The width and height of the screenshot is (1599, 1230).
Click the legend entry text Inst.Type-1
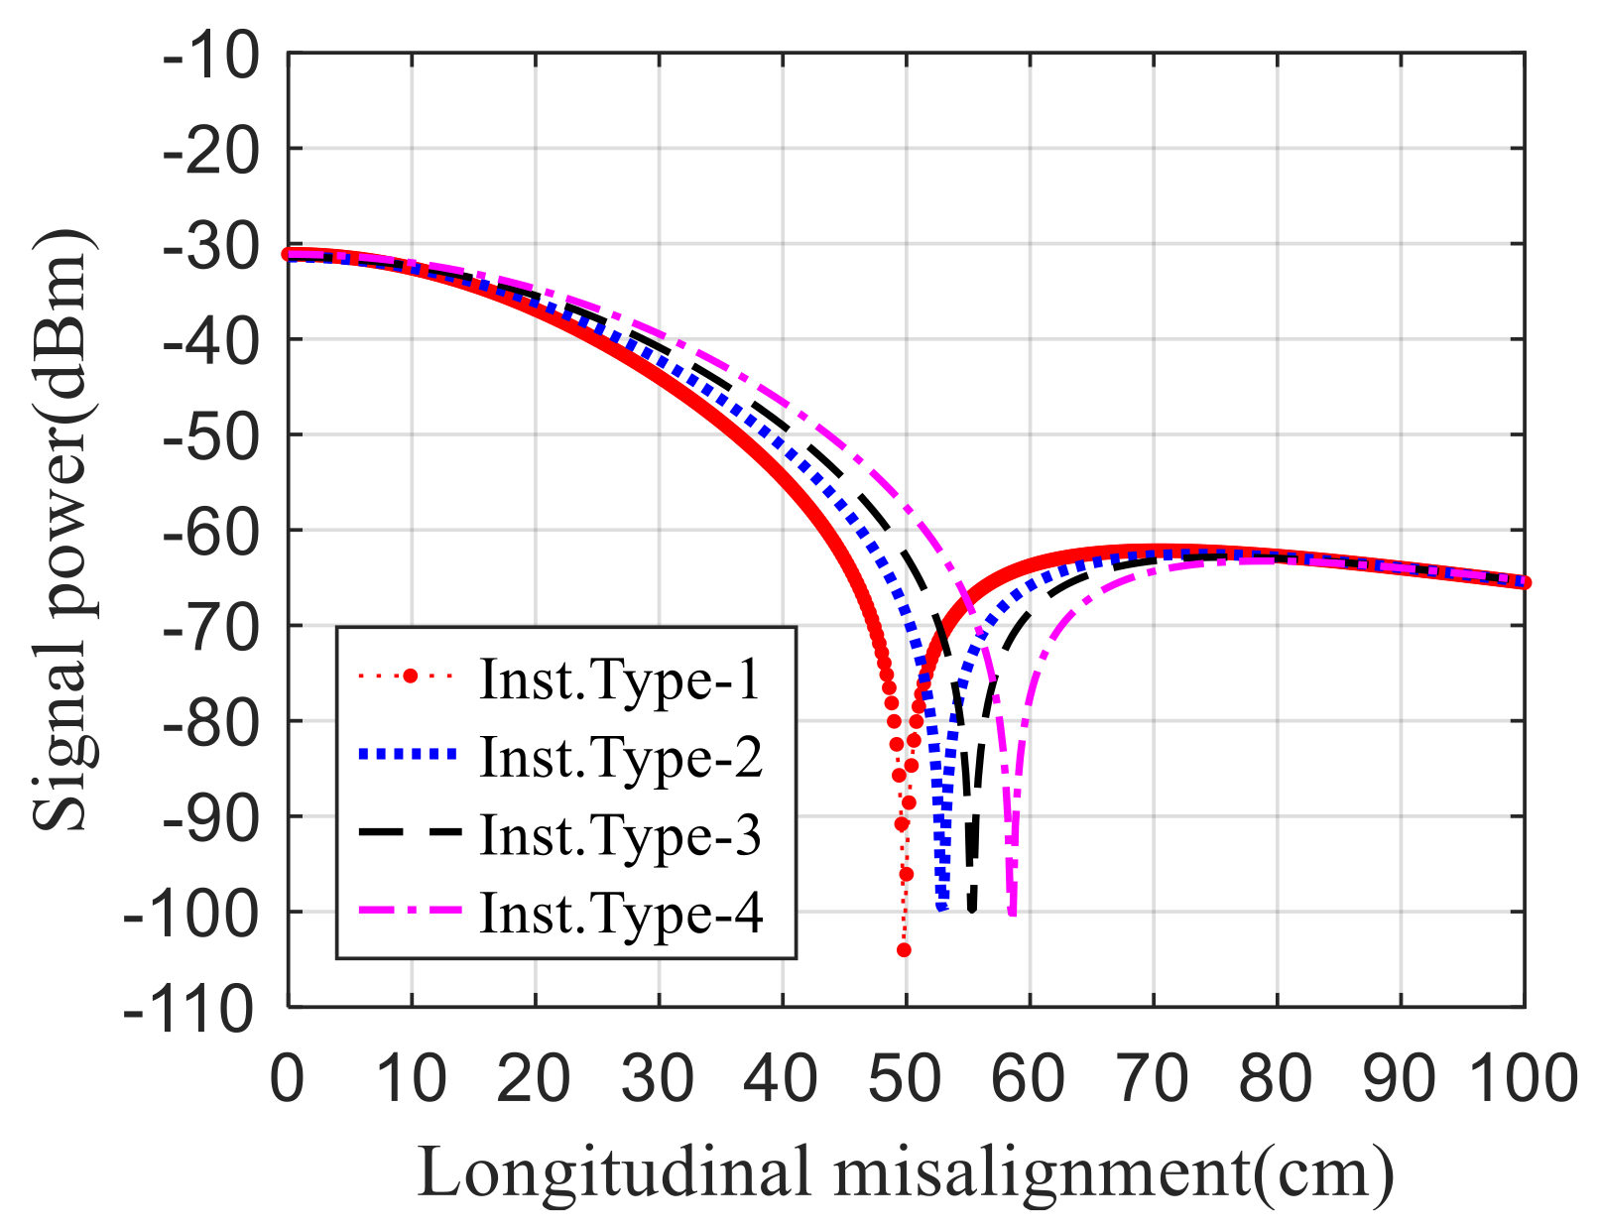coord(619,680)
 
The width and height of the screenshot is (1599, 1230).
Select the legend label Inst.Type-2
coord(621,758)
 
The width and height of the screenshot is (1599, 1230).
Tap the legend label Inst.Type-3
coord(621,835)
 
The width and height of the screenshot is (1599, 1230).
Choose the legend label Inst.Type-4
coord(621,913)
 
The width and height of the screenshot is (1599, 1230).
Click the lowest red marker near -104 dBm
coord(904,950)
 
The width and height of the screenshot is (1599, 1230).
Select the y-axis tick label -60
coord(211,532)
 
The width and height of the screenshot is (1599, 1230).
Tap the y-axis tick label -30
coord(211,245)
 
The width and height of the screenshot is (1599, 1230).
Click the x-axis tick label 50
coord(906,1079)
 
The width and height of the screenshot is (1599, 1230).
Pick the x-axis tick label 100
coord(1522,1079)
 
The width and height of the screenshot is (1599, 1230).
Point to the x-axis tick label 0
coord(288,1079)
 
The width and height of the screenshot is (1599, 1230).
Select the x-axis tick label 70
coord(1153,1079)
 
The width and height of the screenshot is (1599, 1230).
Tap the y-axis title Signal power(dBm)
coord(61,531)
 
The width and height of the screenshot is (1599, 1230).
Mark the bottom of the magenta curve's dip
coord(1012,911)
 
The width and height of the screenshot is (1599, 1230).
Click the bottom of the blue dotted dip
coord(942,907)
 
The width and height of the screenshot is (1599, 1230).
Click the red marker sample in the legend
coord(409,677)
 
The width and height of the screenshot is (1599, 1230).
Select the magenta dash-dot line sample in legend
coord(409,911)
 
